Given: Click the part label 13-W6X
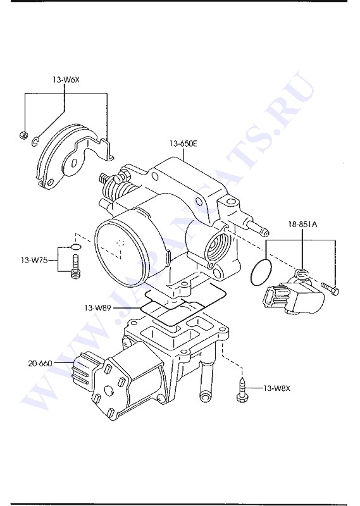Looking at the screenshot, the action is pyautogui.click(x=66, y=80).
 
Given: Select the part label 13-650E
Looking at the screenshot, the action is pyautogui.click(x=183, y=144).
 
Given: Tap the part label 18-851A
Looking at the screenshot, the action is pyautogui.click(x=302, y=224).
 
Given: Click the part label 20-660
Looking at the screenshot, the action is pyautogui.click(x=40, y=363).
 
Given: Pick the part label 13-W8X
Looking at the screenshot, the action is pyautogui.click(x=276, y=388).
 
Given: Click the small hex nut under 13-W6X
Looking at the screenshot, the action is pyautogui.click(x=23, y=134).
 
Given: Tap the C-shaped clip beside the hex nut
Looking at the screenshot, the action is pyautogui.click(x=35, y=141).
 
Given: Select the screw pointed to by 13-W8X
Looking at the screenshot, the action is pyautogui.click(x=241, y=390).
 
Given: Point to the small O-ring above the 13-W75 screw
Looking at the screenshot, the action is pyautogui.click(x=75, y=247).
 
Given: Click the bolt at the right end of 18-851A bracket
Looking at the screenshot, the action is pyautogui.click(x=330, y=288).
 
